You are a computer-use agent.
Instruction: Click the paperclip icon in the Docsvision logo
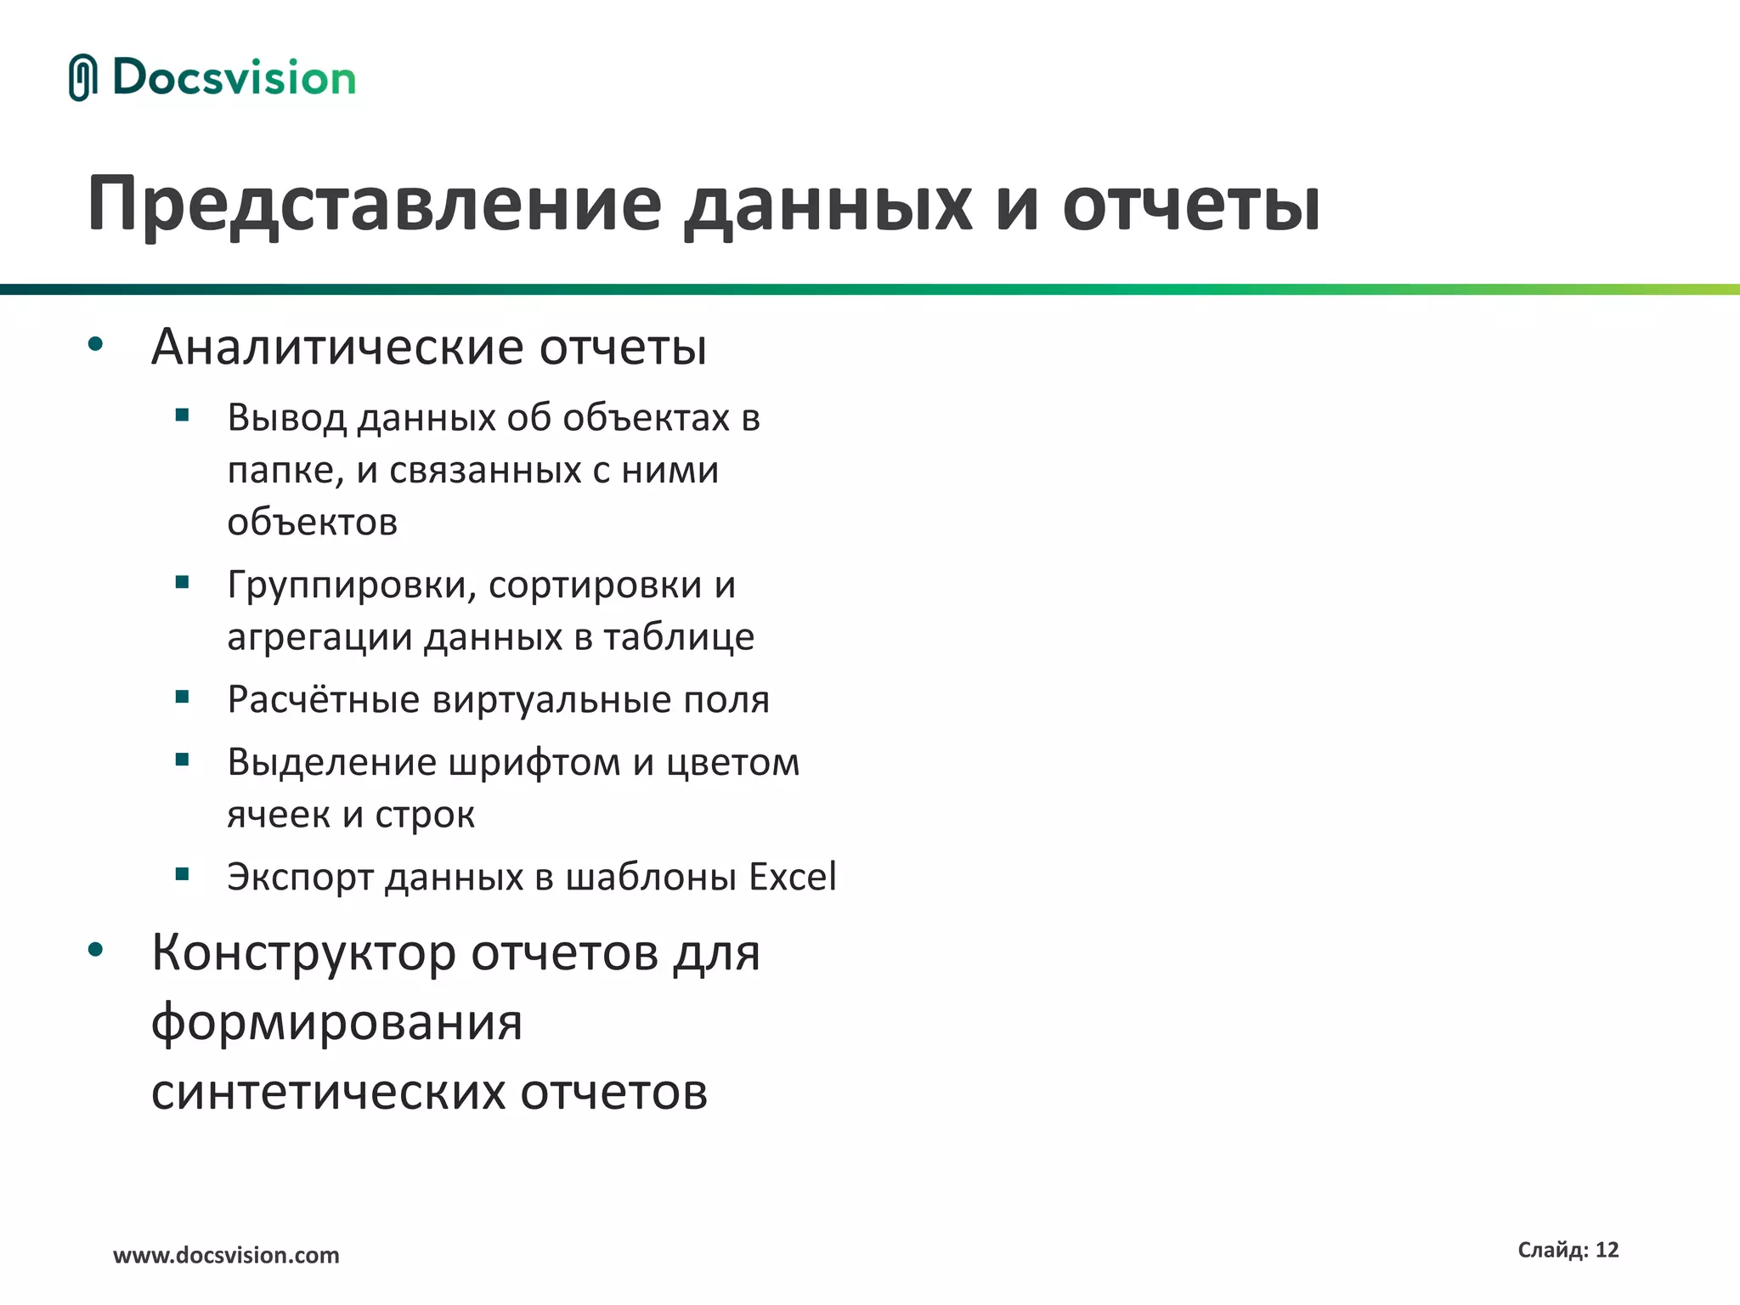click(x=82, y=78)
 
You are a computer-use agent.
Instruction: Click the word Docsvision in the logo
click(x=234, y=78)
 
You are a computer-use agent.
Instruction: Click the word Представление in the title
click(x=374, y=204)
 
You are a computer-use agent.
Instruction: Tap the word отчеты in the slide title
click(x=1191, y=204)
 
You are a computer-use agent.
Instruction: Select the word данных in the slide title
click(x=828, y=204)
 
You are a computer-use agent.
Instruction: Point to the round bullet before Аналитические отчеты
click(x=95, y=345)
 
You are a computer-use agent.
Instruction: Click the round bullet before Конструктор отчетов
click(x=95, y=950)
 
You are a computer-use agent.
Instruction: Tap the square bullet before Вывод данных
click(x=182, y=415)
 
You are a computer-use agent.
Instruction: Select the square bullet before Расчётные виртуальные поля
click(x=182, y=698)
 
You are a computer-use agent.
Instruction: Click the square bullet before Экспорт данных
click(x=182, y=874)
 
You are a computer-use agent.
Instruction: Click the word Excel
click(x=792, y=877)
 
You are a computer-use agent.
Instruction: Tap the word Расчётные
click(x=324, y=700)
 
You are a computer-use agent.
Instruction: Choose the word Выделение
click(x=332, y=762)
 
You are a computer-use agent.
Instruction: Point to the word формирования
click(x=336, y=1023)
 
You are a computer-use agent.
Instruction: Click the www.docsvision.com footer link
click(x=226, y=1255)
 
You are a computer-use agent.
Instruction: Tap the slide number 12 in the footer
click(x=1607, y=1250)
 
